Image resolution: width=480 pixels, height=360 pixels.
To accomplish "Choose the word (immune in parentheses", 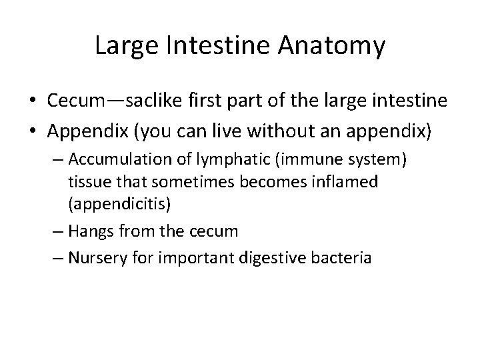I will [x=261, y=160].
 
